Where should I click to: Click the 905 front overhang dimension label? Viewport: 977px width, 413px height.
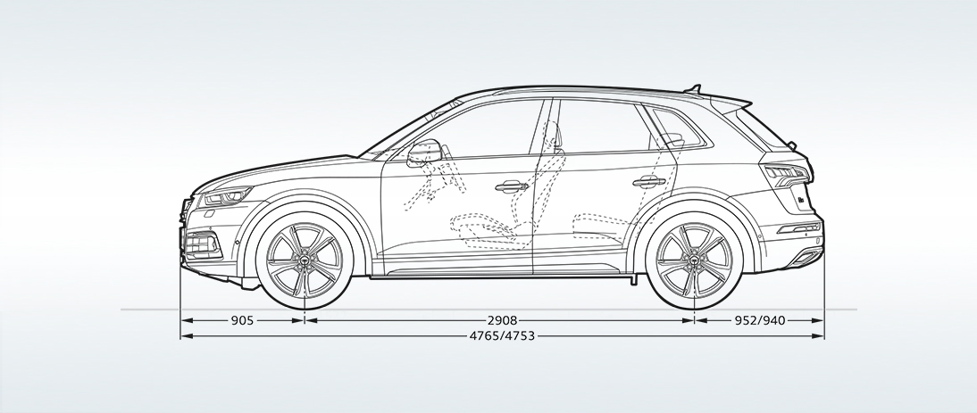point(242,320)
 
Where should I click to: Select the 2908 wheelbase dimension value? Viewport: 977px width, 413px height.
point(503,320)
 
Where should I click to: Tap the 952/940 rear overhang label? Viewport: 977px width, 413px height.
point(760,320)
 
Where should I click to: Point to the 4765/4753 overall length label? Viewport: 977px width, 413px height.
point(502,336)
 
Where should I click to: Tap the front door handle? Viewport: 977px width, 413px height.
point(511,186)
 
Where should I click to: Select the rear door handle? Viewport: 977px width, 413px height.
point(648,182)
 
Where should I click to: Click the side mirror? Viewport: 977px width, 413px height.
point(423,153)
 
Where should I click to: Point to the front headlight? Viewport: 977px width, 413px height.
point(226,196)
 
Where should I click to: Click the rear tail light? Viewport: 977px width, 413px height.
point(786,175)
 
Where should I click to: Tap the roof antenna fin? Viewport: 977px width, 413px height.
point(693,89)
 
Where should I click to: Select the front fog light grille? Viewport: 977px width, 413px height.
point(203,244)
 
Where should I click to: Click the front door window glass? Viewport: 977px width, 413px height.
point(475,130)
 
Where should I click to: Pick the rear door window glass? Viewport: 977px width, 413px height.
point(601,127)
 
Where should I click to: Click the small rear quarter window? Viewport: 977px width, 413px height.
point(678,128)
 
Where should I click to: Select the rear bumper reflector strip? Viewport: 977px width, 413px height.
point(798,229)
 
